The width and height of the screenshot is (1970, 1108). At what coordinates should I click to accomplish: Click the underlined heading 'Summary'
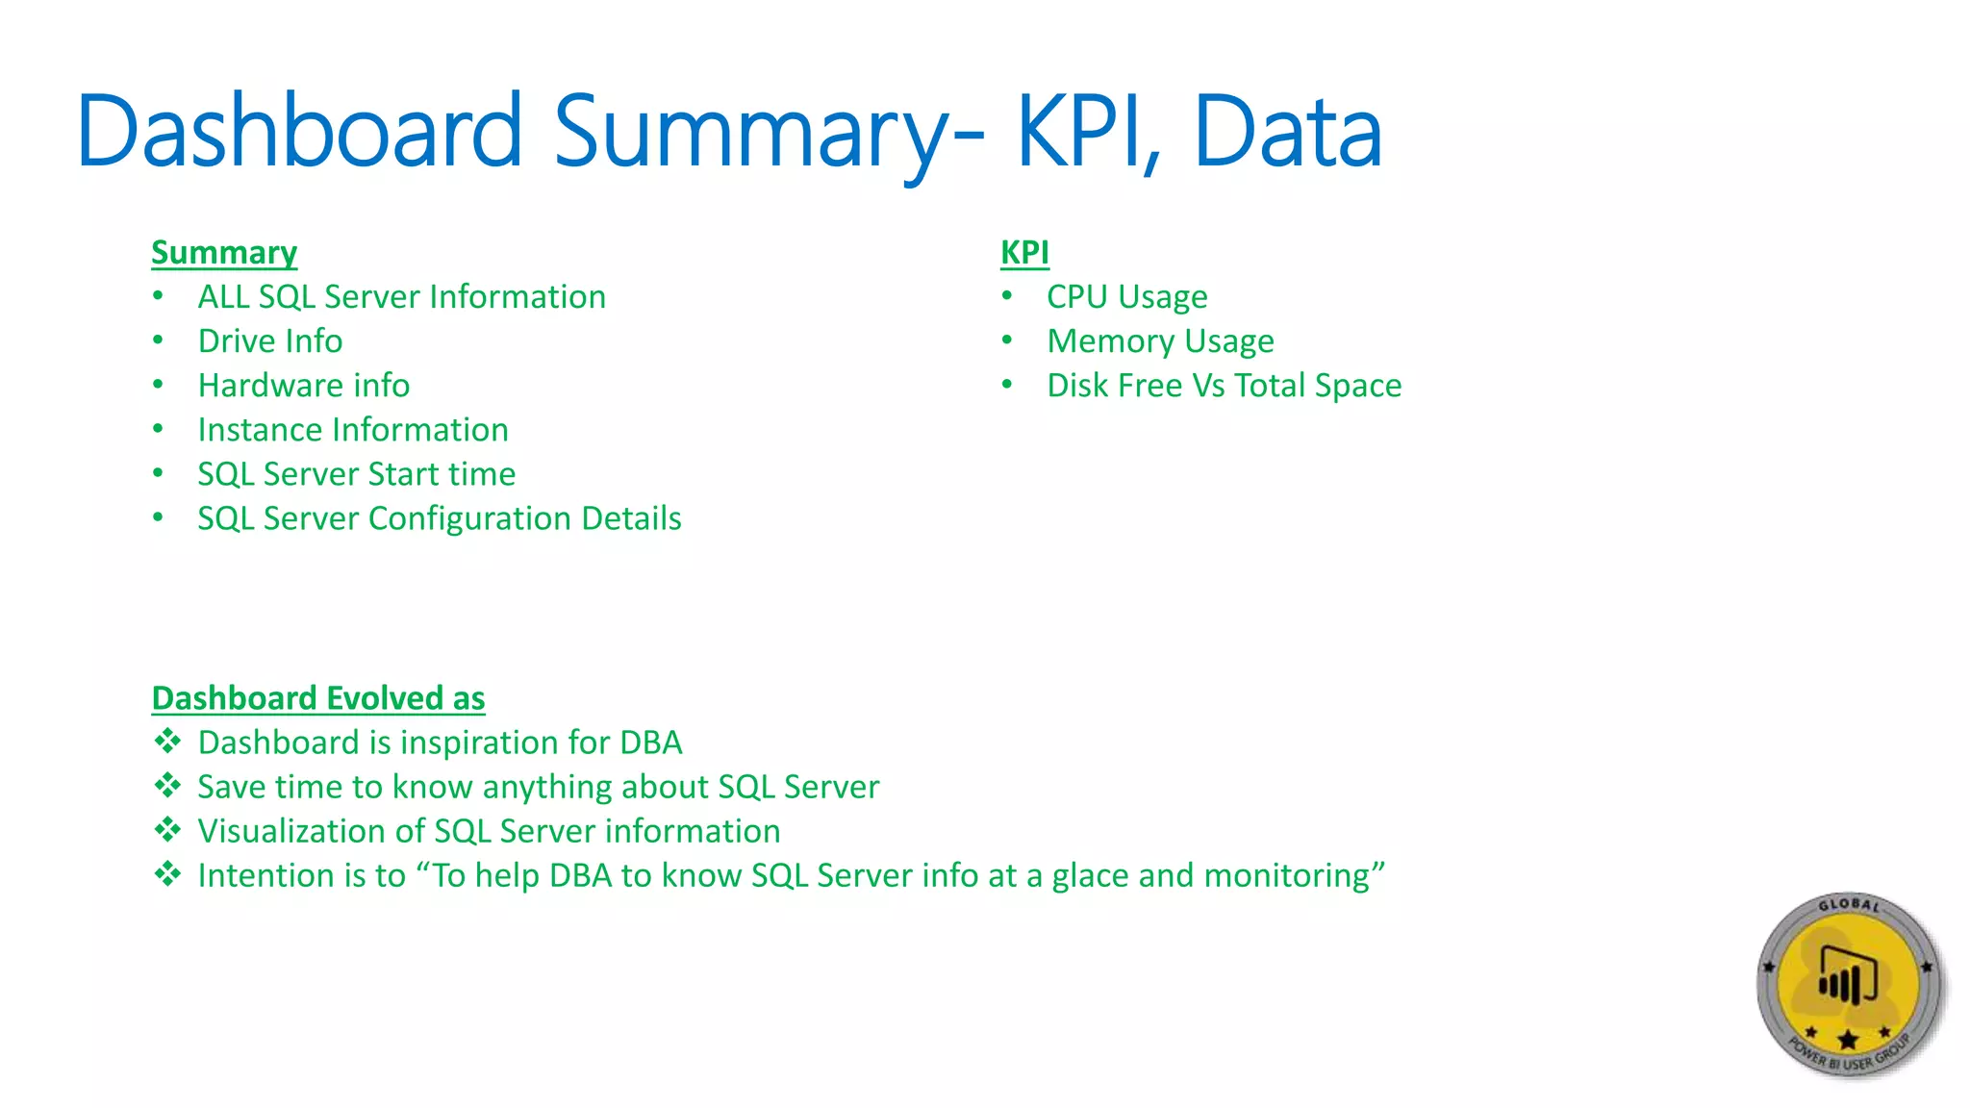(224, 253)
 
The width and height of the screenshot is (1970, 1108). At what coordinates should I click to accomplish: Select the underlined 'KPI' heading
(1024, 253)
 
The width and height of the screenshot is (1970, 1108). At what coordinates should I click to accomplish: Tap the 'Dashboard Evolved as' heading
(318, 698)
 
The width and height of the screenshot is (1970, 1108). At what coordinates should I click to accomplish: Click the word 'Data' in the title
(1287, 132)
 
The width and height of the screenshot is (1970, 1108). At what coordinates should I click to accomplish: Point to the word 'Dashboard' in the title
(299, 132)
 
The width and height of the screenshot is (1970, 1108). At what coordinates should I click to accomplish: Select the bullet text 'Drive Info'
(270, 341)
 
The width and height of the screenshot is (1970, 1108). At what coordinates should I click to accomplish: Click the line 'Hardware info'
(304, 386)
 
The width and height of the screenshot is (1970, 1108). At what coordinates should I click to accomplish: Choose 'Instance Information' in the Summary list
(353, 430)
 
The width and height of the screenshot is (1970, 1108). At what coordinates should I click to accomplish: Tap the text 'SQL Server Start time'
(357, 474)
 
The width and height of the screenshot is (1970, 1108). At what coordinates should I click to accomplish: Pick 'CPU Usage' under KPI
(1126, 297)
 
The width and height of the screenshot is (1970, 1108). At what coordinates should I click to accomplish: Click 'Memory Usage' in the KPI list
(1160, 341)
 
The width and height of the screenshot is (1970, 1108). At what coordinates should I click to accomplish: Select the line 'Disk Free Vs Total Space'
(1224, 386)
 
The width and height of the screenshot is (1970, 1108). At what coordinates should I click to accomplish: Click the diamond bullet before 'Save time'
(168, 786)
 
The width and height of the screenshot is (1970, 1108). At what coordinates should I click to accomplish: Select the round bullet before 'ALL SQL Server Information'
(159, 295)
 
